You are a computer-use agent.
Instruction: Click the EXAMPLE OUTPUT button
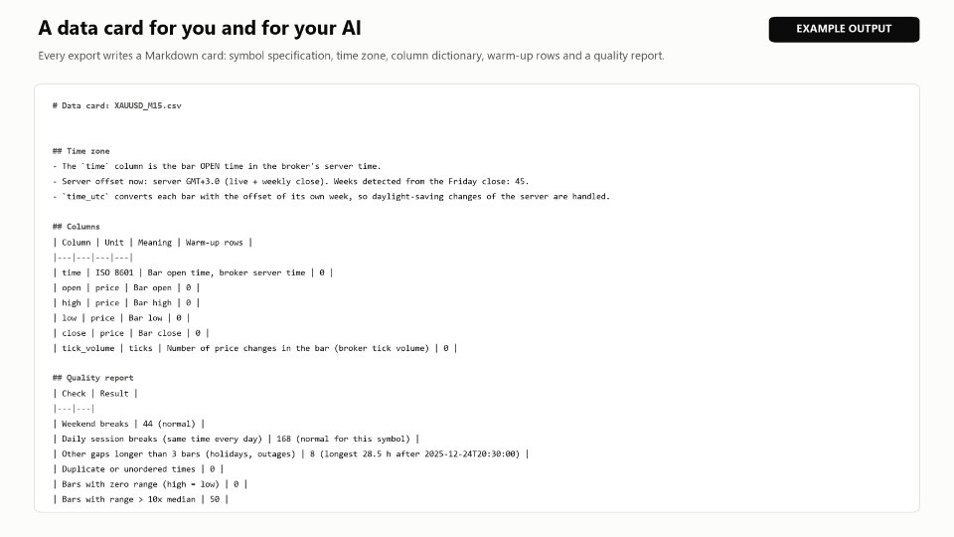(x=844, y=29)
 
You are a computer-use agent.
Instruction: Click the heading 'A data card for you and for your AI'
(x=200, y=28)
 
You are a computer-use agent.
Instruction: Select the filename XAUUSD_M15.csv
(x=148, y=105)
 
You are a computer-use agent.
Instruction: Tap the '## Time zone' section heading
(x=80, y=151)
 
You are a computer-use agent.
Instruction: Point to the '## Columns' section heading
(x=77, y=227)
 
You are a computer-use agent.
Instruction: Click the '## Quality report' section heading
(x=93, y=378)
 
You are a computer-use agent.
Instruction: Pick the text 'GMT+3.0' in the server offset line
(x=202, y=181)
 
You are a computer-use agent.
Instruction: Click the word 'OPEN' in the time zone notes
(x=210, y=166)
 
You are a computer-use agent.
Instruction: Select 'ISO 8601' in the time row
(x=114, y=272)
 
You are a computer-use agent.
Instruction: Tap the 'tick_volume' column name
(x=88, y=348)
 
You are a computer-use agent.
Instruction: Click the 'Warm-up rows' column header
(x=215, y=243)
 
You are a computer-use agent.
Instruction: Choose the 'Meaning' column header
(x=155, y=243)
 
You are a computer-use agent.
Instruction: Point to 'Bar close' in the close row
(x=159, y=333)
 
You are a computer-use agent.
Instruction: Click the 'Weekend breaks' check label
(x=95, y=424)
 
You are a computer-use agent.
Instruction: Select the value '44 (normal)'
(x=169, y=424)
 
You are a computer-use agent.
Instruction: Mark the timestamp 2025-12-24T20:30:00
(x=472, y=454)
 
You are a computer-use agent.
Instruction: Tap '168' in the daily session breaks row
(x=283, y=439)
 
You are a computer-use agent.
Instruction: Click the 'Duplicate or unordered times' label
(x=128, y=469)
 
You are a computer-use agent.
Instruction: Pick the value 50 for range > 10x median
(x=215, y=499)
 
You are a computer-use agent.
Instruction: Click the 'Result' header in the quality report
(x=114, y=394)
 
